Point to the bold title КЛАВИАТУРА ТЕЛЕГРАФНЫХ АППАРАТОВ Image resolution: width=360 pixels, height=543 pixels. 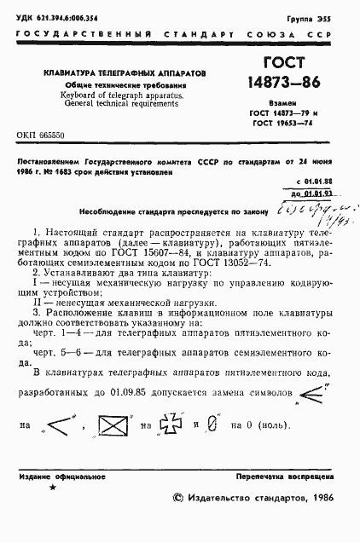[125, 75]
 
